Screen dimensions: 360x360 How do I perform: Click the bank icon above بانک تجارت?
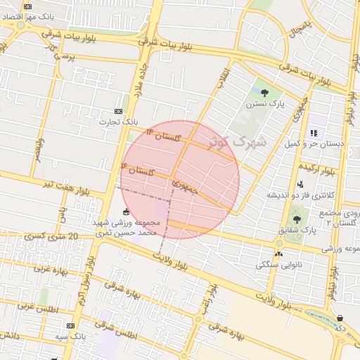coord(118,111)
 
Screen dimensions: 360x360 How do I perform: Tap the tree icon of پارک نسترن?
coord(264,92)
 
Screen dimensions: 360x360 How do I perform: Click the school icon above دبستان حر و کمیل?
coord(314,133)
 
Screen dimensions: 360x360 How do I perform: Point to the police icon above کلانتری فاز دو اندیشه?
coord(300,184)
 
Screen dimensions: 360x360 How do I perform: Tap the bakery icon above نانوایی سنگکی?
coord(279,254)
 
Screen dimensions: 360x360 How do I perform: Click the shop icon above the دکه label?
coord(340,318)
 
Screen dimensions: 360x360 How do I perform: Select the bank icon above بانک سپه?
coord(70,326)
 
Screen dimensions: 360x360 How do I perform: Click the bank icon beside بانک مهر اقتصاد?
coord(27,6)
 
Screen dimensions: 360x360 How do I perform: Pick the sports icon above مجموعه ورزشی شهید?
coord(126,212)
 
